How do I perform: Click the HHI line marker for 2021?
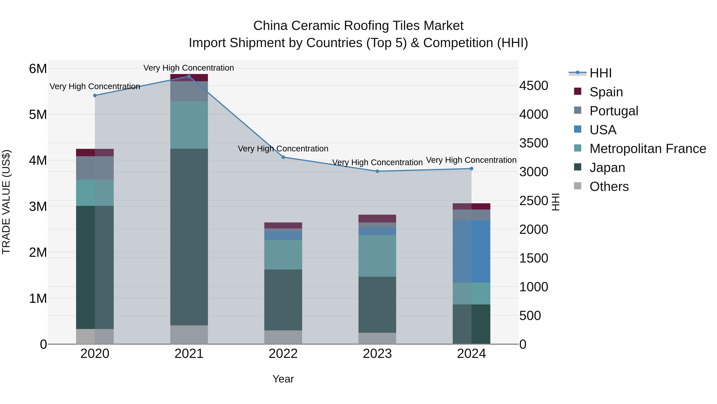pos(189,76)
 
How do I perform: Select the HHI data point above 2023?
pos(377,171)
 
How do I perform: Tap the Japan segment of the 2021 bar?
pos(189,237)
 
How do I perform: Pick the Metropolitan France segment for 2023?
pos(377,256)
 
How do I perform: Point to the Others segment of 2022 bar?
pos(283,337)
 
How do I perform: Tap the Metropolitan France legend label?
pos(648,149)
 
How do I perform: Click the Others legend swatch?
pos(578,186)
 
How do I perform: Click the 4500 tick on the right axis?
pos(534,86)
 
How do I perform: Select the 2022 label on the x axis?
pos(283,354)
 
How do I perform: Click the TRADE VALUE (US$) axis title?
pos(6,202)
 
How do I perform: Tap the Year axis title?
pos(283,379)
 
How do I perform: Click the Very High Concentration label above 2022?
pos(283,149)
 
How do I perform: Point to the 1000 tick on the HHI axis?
pos(534,287)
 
